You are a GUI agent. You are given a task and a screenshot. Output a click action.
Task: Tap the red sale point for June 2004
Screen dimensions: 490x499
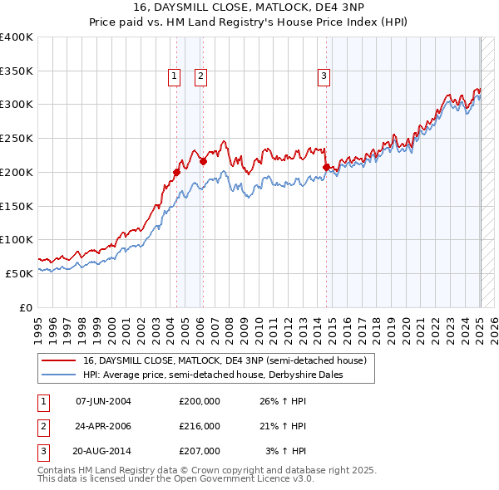pos(176,173)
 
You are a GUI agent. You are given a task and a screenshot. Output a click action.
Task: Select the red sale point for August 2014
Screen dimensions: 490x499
pos(326,168)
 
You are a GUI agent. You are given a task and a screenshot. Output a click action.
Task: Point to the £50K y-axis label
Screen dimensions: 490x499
pos(18,272)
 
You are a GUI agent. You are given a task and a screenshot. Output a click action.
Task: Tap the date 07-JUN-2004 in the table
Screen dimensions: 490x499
pos(103,401)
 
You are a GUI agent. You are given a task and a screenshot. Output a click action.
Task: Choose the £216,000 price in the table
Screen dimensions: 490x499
pos(200,426)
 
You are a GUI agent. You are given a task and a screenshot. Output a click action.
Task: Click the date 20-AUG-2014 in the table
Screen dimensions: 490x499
pos(103,451)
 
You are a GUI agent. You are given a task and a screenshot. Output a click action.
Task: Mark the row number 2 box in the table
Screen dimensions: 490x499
pos(42,426)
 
